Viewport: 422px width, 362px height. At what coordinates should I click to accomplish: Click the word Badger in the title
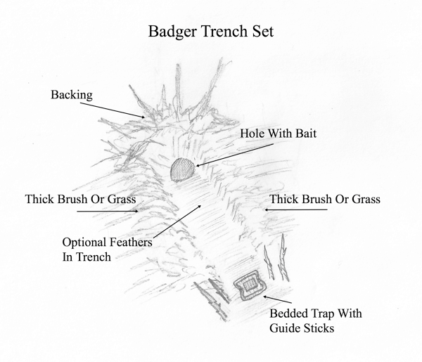[x=172, y=32]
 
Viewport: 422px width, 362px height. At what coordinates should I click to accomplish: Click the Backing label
[x=72, y=95]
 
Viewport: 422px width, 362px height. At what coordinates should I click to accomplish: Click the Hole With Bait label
[x=278, y=134]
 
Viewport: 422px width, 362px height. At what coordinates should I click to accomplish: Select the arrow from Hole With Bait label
[x=235, y=155]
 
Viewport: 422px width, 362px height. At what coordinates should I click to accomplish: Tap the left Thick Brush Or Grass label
[x=80, y=200]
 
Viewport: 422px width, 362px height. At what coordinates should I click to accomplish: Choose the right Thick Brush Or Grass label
[x=325, y=200]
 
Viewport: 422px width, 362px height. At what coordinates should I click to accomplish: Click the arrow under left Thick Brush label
[x=108, y=212]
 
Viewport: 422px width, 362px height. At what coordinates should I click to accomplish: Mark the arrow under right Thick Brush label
[x=296, y=209]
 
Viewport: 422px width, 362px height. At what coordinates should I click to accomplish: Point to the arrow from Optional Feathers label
[x=177, y=222]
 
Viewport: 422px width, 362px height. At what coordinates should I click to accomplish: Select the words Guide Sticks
[x=302, y=328]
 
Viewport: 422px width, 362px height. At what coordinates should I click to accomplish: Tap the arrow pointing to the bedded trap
[x=277, y=299]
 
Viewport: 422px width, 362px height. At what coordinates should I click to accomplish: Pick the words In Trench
[x=87, y=257]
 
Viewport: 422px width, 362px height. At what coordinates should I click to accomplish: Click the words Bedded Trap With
[x=316, y=313]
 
